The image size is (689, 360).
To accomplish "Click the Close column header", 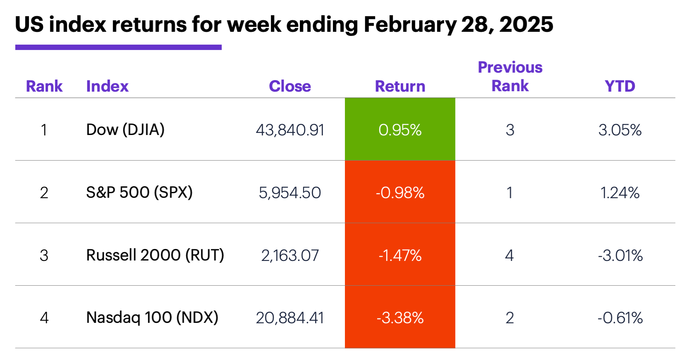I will [x=290, y=86].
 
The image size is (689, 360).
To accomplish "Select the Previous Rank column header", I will [x=510, y=76].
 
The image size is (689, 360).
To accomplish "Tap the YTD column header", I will [x=620, y=86].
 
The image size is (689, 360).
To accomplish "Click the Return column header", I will [x=400, y=86].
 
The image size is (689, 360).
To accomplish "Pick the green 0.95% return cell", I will [x=400, y=130].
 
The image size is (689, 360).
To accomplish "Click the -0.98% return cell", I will [x=400, y=192].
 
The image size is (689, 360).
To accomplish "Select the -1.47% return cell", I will [x=400, y=255].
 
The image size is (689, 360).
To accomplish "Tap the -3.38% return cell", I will [x=400, y=317].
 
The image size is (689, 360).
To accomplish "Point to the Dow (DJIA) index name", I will [x=125, y=130].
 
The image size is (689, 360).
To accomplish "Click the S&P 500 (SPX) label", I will [x=139, y=192].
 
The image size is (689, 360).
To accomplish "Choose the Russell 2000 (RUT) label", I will [x=155, y=255].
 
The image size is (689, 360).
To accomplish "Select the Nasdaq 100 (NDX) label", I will [x=152, y=317].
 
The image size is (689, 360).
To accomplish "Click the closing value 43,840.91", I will [x=290, y=130].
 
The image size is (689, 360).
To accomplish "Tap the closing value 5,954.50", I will [x=290, y=193].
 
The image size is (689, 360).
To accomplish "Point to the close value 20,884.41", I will [x=290, y=318].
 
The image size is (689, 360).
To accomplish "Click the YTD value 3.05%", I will [x=620, y=130].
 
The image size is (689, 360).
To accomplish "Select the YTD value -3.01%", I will [x=620, y=256].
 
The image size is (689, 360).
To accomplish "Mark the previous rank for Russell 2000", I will [x=509, y=255].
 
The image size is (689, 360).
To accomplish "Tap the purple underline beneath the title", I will [x=118, y=47].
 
